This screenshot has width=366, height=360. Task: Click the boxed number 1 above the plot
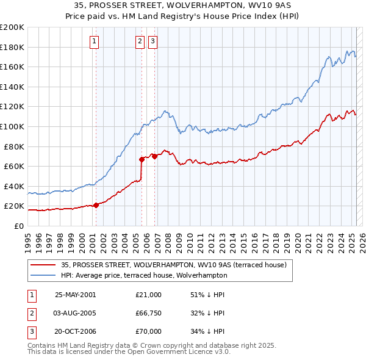tap(95, 41)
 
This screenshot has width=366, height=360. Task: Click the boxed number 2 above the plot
tap(140, 41)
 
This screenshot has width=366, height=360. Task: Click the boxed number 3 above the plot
tap(152, 41)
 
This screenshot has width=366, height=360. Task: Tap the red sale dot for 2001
tap(96, 205)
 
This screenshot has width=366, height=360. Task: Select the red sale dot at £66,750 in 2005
tap(142, 159)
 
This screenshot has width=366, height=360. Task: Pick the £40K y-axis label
tap(14, 186)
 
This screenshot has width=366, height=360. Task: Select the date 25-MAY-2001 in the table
tap(76, 295)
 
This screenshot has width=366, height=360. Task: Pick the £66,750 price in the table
tap(149, 313)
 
